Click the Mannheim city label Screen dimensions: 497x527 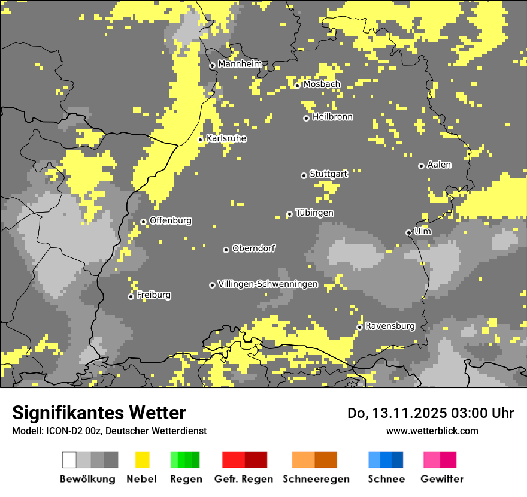point(240,64)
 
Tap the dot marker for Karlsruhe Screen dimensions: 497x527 point(201,140)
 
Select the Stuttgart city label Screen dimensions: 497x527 point(328,174)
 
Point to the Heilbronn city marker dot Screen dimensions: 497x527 point(306,118)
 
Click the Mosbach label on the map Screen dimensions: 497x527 point(321,84)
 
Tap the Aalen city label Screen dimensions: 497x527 point(439,165)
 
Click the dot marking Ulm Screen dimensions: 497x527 point(408,232)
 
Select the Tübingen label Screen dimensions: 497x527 point(314,213)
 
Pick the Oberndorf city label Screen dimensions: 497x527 point(253,248)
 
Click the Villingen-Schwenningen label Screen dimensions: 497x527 point(268,284)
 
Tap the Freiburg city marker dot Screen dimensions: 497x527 point(131,296)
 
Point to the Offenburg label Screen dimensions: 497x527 point(170,220)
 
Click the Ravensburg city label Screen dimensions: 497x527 point(390,326)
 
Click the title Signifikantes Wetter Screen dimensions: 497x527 point(99,413)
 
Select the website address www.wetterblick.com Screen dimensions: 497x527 point(432,431)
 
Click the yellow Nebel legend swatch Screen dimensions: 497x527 point(142,460)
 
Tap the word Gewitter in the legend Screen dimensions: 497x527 point(442,479)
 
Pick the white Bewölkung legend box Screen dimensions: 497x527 point(69,460)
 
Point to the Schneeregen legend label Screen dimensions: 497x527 point(316,479)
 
